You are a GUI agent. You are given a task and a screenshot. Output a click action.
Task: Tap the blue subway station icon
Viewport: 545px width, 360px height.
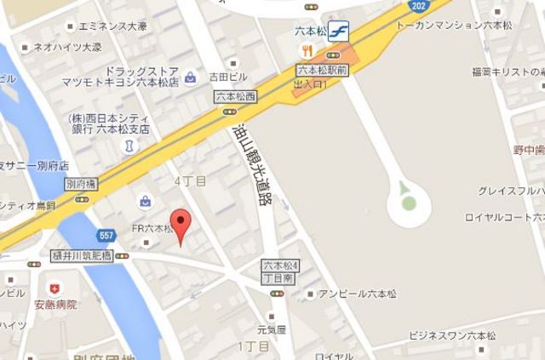point(337,31)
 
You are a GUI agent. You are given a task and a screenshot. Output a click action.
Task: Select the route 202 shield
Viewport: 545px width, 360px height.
point(416,6)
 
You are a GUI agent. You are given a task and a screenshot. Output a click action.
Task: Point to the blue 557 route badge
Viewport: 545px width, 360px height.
point(106,235)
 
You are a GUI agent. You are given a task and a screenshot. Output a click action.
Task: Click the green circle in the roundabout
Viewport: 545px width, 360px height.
point(409,203)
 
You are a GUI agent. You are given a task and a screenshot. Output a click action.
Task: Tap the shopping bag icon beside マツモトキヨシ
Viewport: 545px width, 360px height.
point(190,77)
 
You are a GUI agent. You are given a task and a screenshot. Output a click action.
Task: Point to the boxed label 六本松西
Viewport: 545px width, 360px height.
point(235,96)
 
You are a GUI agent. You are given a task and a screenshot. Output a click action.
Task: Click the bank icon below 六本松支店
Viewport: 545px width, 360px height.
point(129,146)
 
